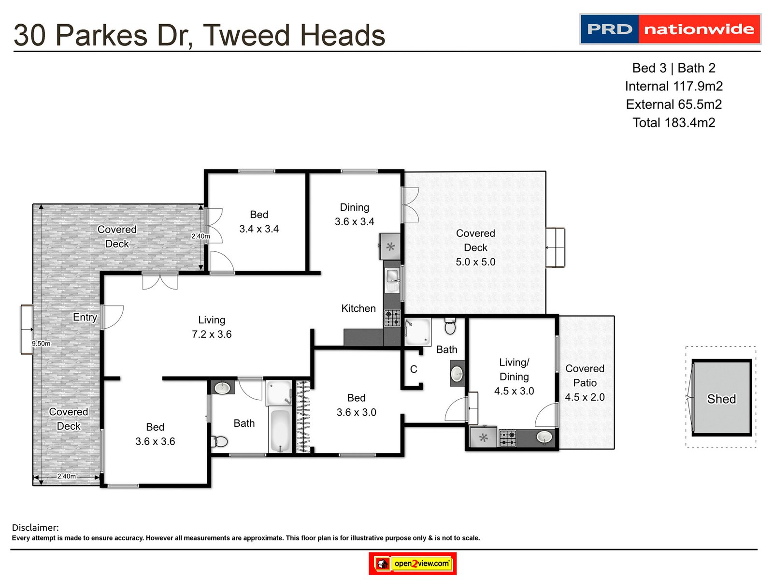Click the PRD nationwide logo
(670, 29)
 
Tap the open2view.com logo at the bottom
(413, 564)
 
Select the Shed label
(721, 399)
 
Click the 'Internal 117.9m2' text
(673, 86)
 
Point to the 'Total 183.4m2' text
(673, 122)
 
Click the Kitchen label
(358, 308)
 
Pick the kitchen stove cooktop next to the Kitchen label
(392, 318)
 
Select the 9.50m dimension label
(41, 344)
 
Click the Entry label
(85, 317)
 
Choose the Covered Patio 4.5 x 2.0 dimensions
(585, 397)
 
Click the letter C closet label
(414, 369)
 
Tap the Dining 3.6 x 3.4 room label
(355, 214)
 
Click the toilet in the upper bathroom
(450, 327)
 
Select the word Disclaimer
(35, 527)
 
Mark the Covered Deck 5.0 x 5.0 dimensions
(475, 262)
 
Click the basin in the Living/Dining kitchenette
(544, 437)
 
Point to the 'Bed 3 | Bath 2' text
(673, 68)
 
